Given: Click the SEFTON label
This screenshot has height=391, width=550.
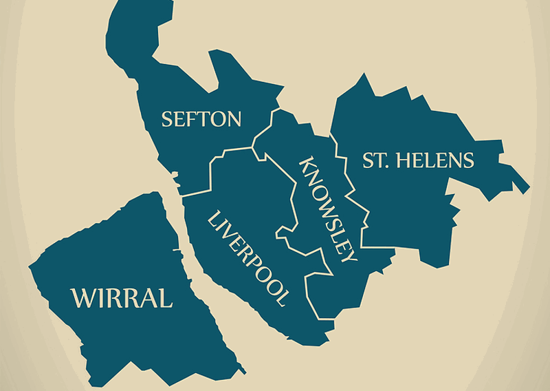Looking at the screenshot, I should (201, 119).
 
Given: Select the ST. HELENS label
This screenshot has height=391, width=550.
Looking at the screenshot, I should (418, 161).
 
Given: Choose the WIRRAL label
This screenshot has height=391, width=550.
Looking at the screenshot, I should (122, 298).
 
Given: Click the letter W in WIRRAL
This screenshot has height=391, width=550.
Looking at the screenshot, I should (82, 298).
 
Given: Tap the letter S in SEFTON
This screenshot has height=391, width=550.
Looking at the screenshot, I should (166, 120).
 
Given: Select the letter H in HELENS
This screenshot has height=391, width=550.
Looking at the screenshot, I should (400, 161).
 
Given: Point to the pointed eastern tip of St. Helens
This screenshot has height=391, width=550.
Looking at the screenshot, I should (528, 189).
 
